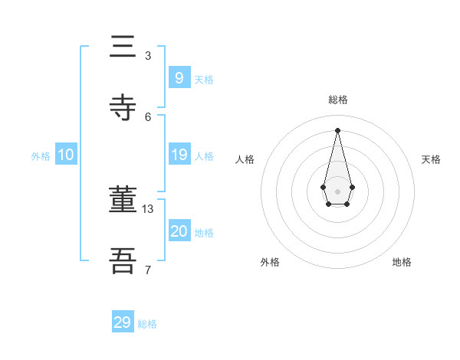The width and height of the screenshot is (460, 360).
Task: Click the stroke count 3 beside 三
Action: click(x=148, y=55)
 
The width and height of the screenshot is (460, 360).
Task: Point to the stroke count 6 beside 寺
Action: click(x=148, y=116)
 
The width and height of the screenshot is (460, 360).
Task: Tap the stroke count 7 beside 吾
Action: click(x=148, y=270)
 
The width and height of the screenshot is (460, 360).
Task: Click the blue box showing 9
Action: click(x=179, y=77)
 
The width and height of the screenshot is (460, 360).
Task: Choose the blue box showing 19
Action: click(x=179, y=155)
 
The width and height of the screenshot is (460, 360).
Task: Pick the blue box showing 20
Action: click(x=179, y=231)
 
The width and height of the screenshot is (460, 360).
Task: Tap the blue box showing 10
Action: click(x=66, y=155)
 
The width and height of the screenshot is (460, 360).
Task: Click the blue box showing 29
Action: click(x=123, y=322)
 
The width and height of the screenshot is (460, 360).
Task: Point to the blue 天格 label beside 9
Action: click(x=204, y=80)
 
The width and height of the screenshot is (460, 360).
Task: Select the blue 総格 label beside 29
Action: click(x=147, y=324)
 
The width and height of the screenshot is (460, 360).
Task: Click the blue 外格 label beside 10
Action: click(x=41, y=156)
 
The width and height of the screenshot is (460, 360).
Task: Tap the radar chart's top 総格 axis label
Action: click(x=337, y=100)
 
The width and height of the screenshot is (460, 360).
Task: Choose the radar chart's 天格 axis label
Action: click(x=431, y=159)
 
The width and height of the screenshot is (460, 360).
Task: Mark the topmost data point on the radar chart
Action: click(x=337, y=130)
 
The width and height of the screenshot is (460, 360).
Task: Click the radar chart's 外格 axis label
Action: click(x=270, y=262)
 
